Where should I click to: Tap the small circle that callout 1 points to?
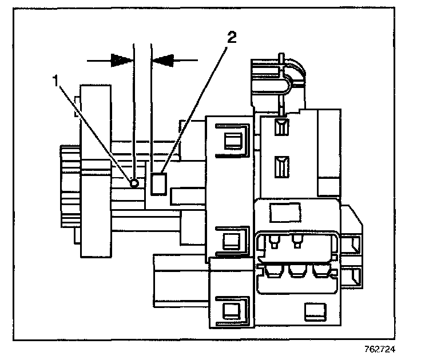click(x=134, y=183)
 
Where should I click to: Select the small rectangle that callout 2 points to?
click(x=160, y=184)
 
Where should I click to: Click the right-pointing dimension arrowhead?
click(x=121, y=59)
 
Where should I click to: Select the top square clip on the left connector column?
click(x=233, y=141)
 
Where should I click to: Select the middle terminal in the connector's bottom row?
click(x=296, y=270)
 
